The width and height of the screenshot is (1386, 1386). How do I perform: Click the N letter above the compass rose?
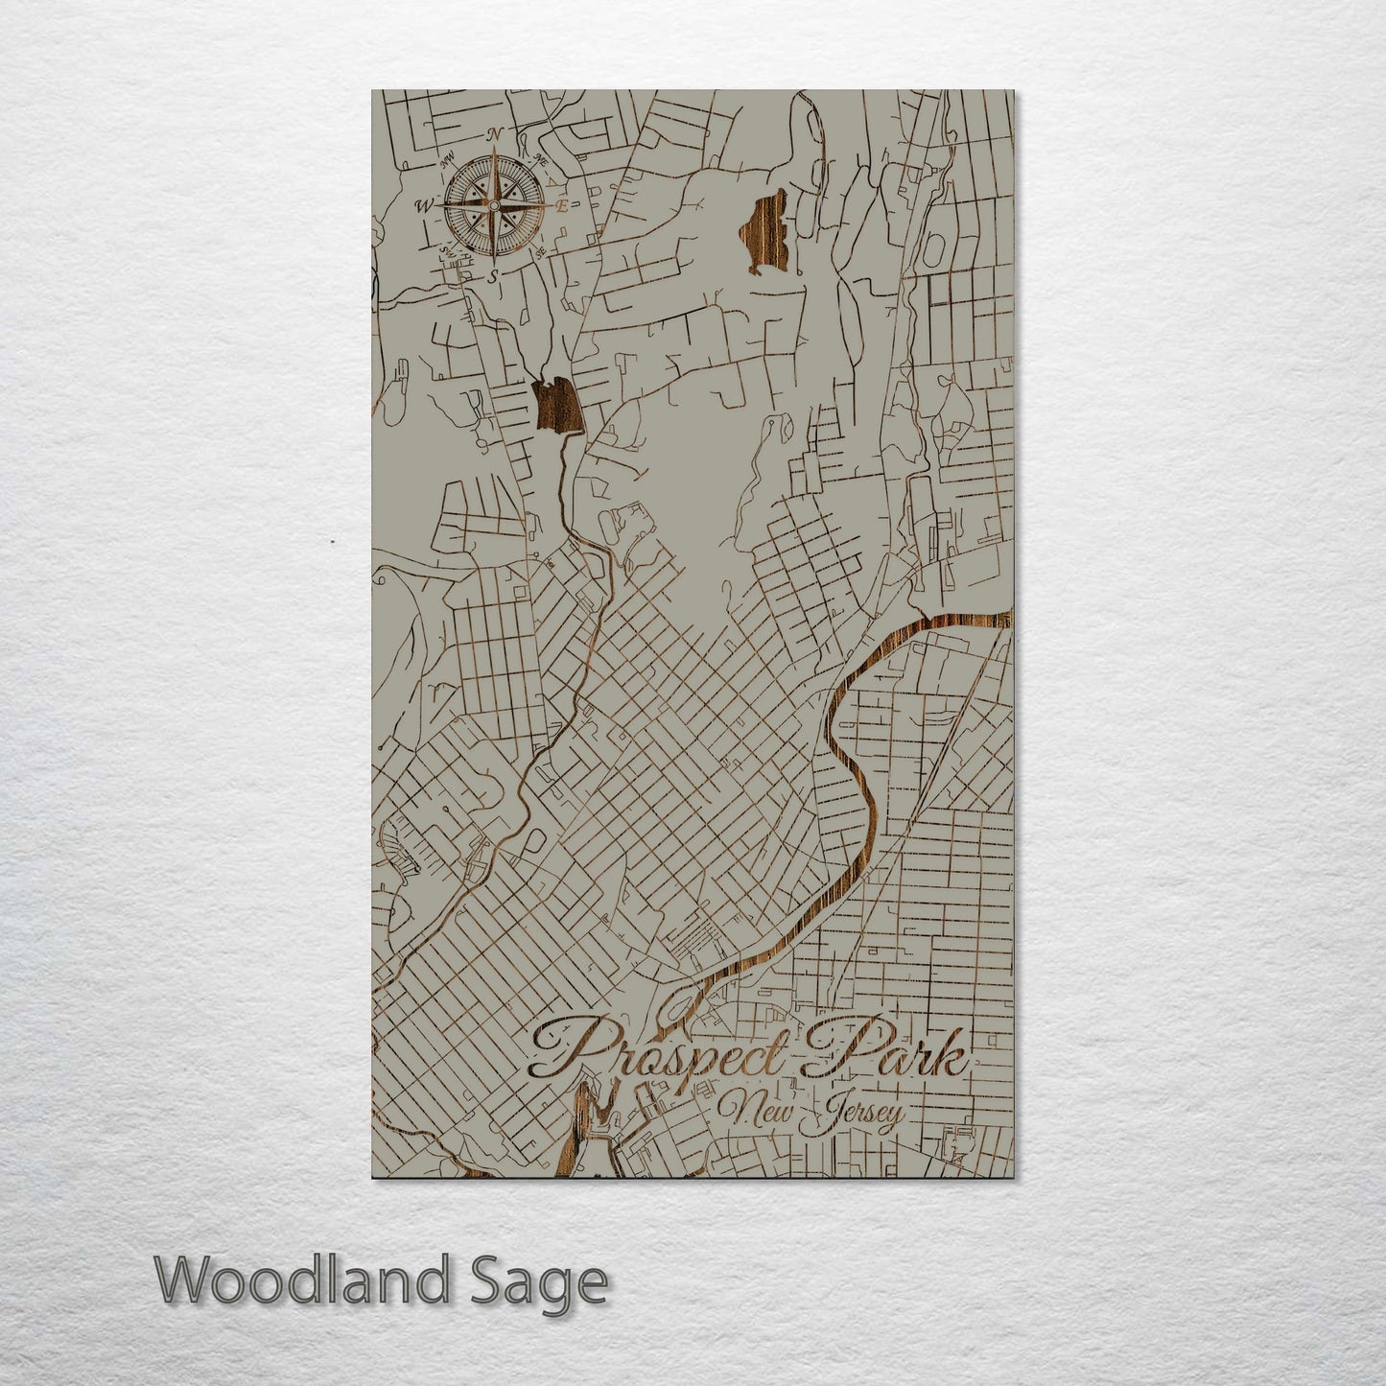tap(495, 134)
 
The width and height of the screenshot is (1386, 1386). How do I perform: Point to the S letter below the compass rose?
tap(493, 275)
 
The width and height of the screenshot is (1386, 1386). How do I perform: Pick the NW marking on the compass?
tap(447, 160)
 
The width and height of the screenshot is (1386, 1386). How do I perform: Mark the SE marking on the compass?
tap(541, 251)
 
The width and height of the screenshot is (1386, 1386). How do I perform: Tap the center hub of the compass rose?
tap(493, 205)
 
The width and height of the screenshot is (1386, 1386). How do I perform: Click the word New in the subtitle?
tap(753, 1113)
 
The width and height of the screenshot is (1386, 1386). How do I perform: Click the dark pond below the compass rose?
tap(557, 406)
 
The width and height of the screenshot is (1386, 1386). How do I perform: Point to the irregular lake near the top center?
tap(765, 230)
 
